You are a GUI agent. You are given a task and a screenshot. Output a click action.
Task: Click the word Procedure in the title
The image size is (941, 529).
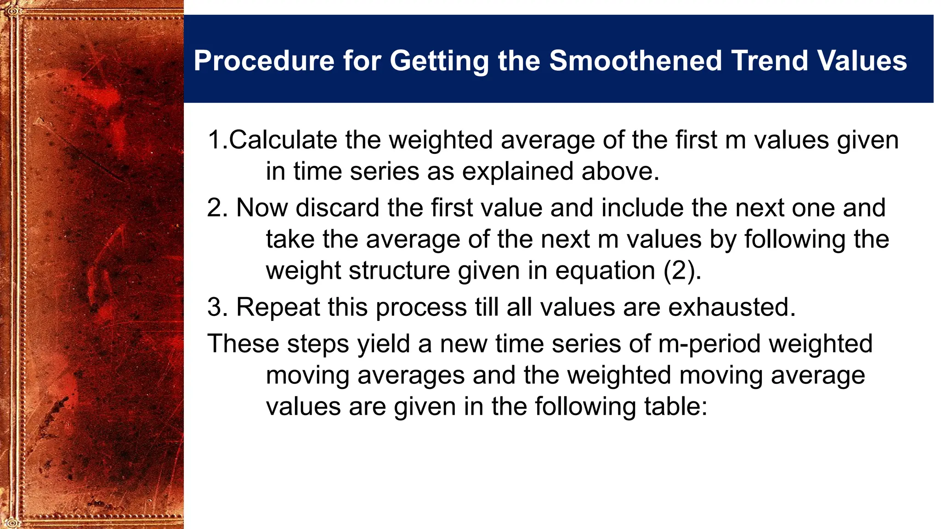(264, 61)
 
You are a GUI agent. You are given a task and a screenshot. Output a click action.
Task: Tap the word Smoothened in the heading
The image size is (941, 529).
(635, 61)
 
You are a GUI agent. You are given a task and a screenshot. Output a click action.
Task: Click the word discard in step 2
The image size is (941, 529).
(337, 208)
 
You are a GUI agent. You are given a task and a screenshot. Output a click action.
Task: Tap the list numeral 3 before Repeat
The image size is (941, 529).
(215, 307)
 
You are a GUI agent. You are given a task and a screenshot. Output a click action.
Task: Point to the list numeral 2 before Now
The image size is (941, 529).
(215, 208)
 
